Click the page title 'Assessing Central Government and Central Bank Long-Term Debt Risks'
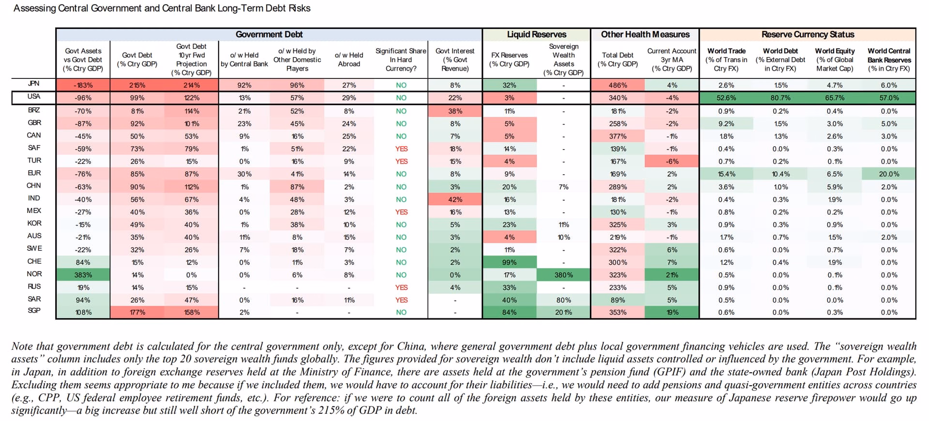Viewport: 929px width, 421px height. coord(162,8)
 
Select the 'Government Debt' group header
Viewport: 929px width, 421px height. coord(269,34)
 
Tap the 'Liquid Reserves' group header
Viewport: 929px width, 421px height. coord(537,34)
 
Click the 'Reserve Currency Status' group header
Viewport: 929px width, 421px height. coord(808,34)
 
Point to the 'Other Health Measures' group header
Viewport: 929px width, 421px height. coord(645,34)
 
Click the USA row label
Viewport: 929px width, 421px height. coord(34,96)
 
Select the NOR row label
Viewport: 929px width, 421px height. coord(34,274)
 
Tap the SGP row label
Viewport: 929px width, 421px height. coord(34,310)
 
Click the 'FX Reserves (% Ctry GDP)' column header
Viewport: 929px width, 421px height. coord(509,60)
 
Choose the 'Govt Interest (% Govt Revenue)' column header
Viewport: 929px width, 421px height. coord(455,60)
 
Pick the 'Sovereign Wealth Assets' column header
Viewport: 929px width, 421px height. coord(564,60)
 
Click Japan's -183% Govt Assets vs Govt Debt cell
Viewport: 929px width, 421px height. coord(83,85)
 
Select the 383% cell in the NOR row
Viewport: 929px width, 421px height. coord(83,275)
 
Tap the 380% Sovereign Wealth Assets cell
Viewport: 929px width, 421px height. coord(564,275)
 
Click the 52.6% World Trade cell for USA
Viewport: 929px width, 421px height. coord(726,98)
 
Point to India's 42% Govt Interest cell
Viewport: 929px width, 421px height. coord(455,199)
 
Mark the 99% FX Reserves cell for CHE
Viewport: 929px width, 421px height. coord(509,262)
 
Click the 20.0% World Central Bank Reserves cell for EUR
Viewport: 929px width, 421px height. coord(889,174)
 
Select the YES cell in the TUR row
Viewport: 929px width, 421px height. coord(401,162)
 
